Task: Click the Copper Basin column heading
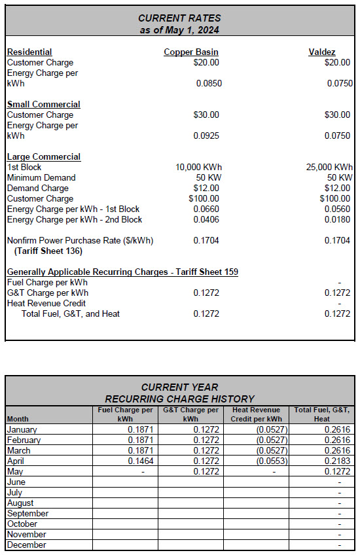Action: [191, 52]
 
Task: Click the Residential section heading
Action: [29, 52]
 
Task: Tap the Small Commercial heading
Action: [43, 104]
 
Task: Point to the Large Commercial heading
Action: [43, 156]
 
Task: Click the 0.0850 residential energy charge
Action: [207, 83]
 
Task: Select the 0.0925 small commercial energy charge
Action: [207, 135]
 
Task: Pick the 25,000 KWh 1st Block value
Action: [329, 167]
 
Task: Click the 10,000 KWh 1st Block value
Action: [198, 167]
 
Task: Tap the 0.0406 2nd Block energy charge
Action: [207, 219]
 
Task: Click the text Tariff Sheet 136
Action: [48, 251]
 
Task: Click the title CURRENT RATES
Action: [180, 18]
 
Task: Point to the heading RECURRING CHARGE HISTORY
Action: [180, 399]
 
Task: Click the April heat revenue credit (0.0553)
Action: [271, 461]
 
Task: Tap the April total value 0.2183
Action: [337, 461]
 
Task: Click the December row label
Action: [26, 545]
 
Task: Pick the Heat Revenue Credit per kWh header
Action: [257, 414]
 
